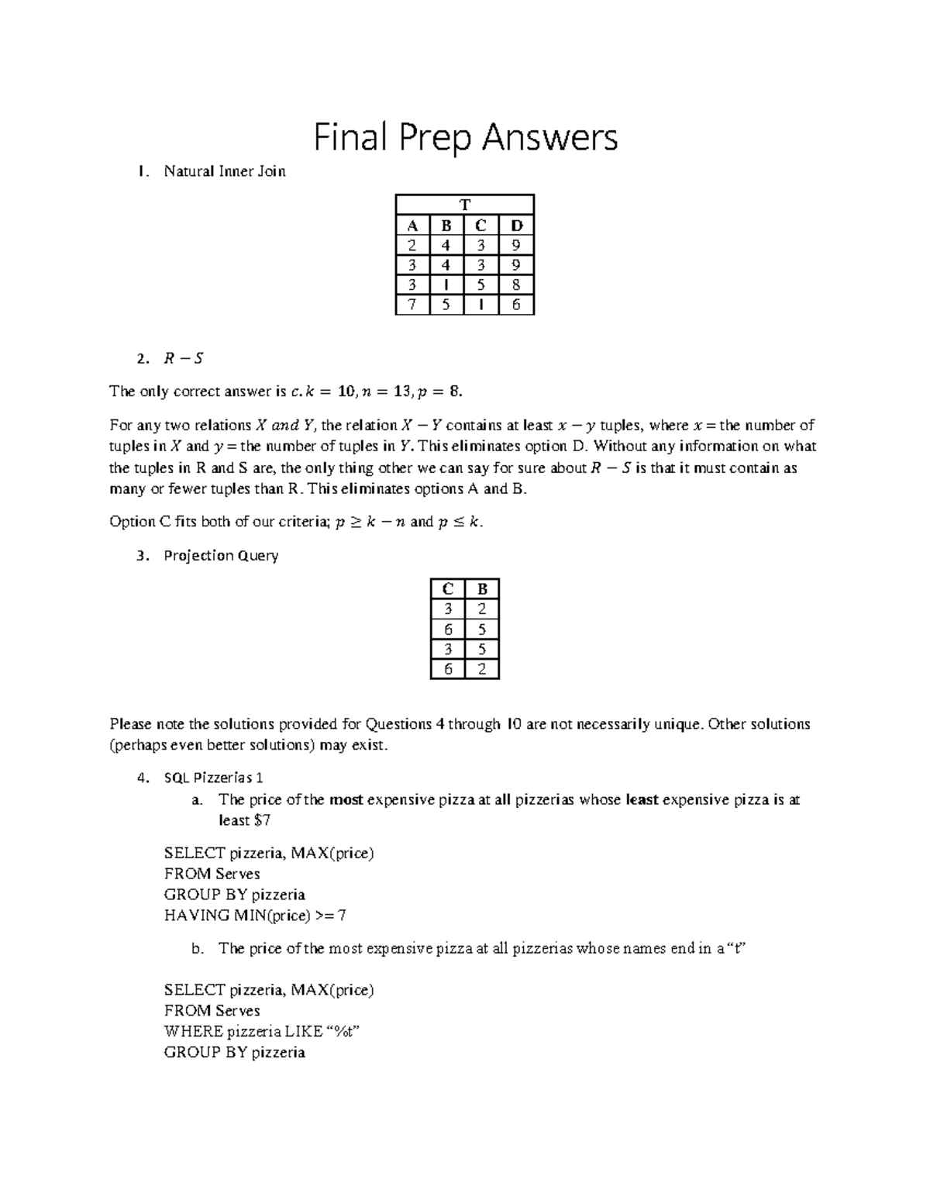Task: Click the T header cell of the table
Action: click(465, 205)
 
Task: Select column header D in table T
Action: click(517, 226)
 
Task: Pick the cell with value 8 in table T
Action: click(517, 285)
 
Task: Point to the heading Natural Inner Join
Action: click(225, 172)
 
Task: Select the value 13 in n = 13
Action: click(399, 392)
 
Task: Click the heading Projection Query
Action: click(221, 556)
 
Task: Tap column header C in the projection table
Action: click(447, 589)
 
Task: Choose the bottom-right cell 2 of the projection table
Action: click(482, 669)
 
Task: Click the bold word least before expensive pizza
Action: click(642, 799)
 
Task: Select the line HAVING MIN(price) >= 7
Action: click(255, 916)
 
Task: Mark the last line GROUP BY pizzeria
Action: click(234, 1053)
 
